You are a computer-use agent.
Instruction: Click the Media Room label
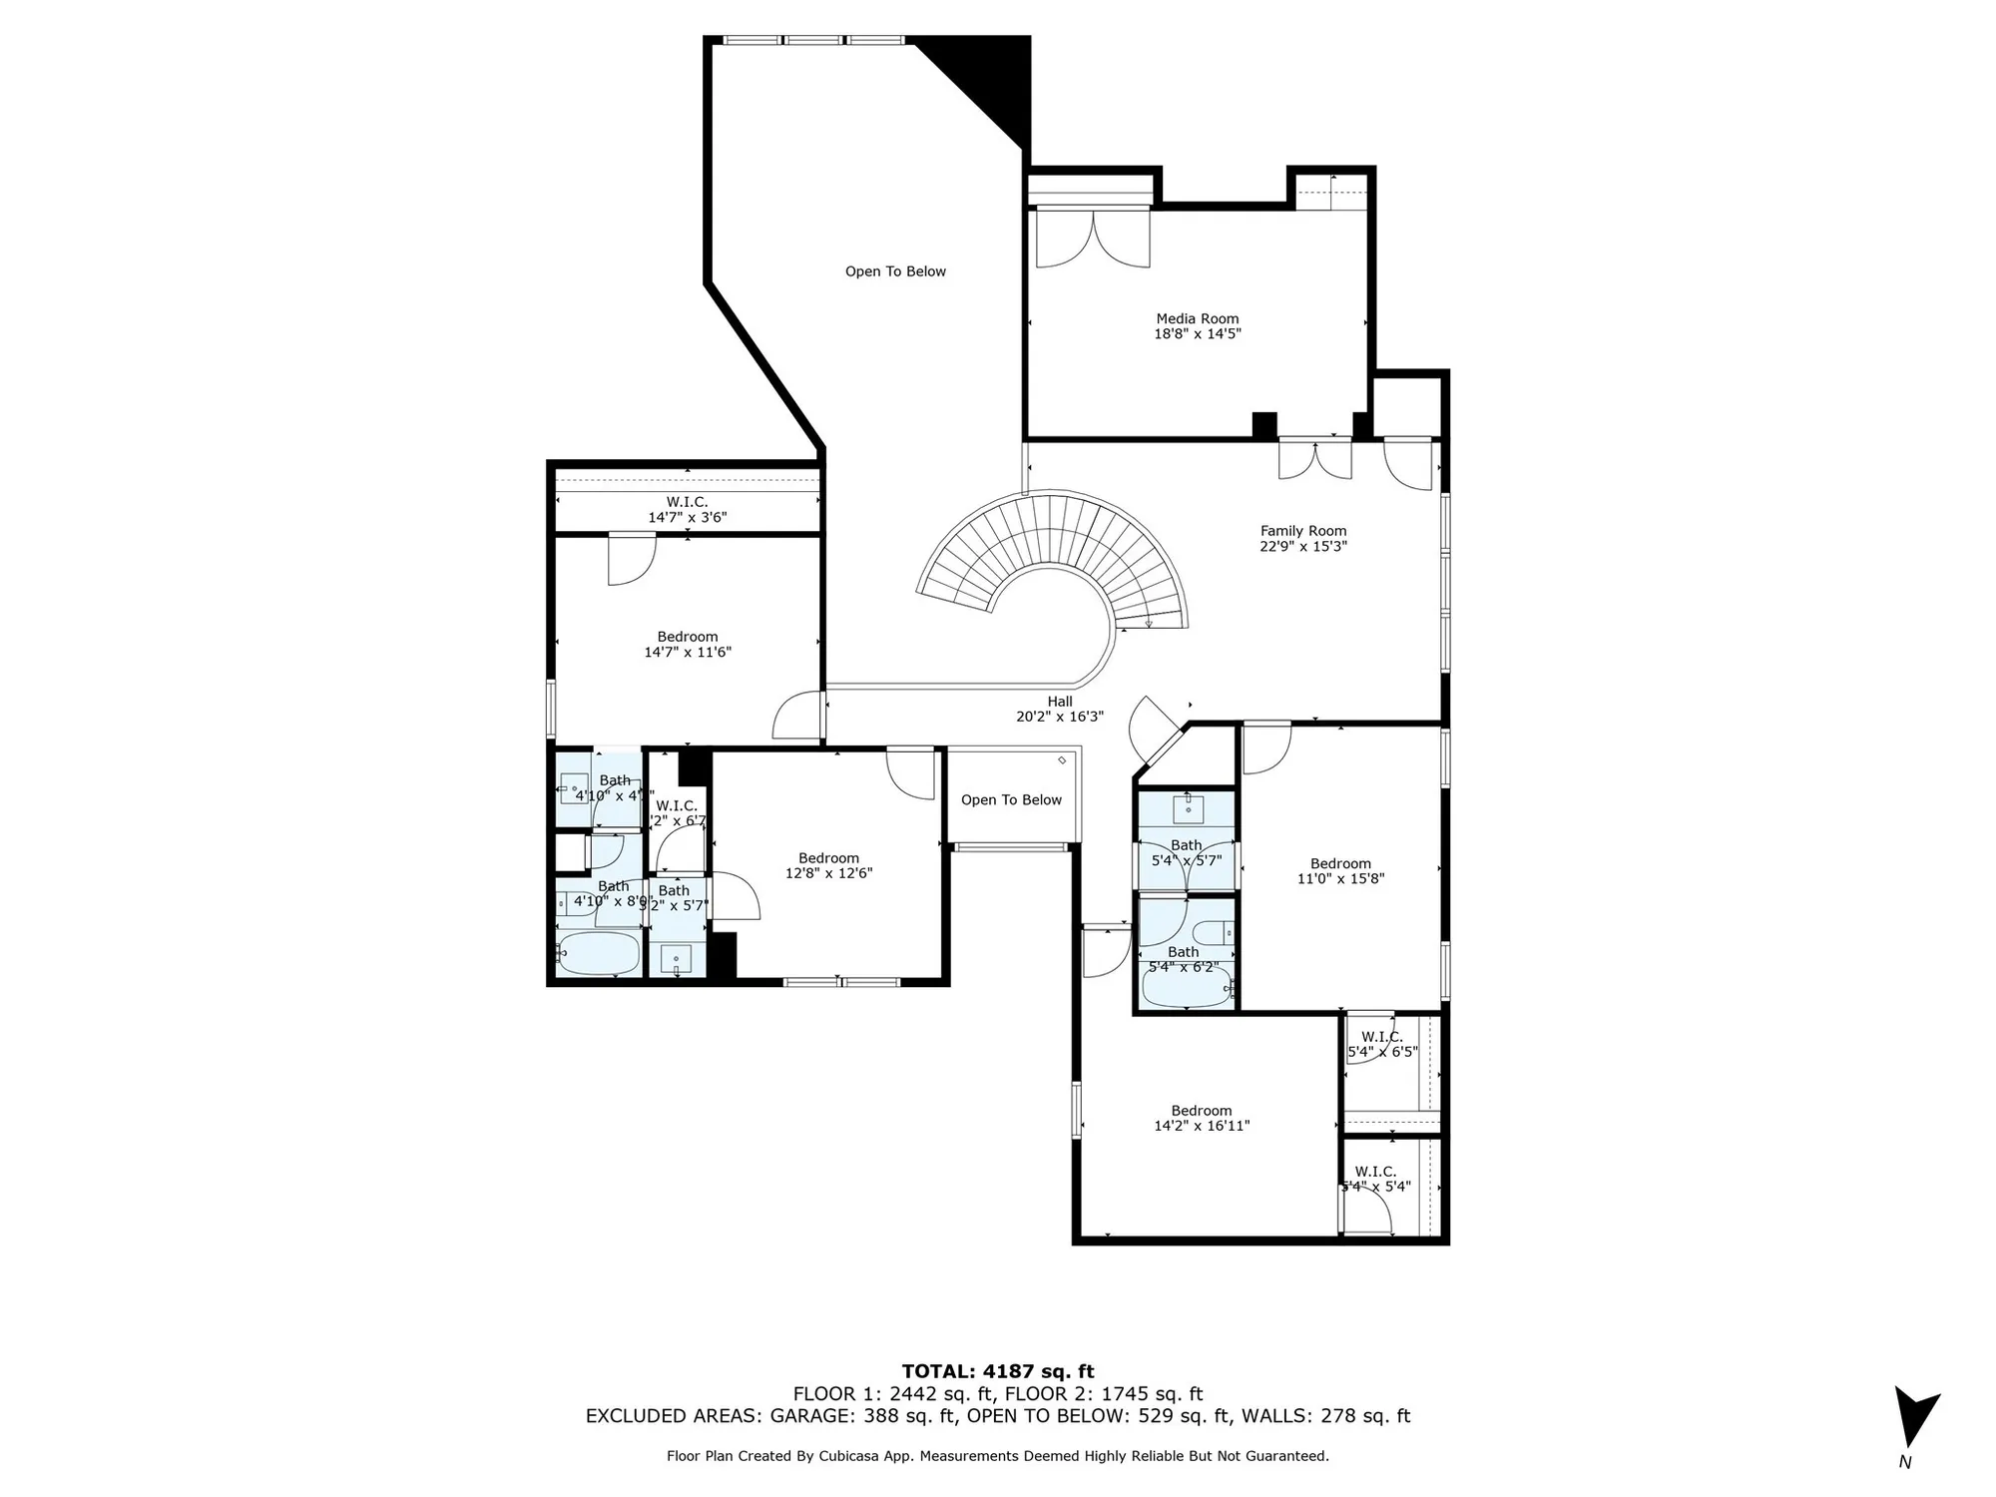[x=1197, y=319]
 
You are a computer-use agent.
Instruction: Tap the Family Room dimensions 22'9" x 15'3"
[x=1302, y=547]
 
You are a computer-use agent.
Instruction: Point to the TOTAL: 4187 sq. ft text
[x=997, y=1371]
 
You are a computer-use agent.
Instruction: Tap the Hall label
[x=1060, y=702]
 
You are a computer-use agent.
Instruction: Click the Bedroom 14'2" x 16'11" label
[x=1201, y=1111]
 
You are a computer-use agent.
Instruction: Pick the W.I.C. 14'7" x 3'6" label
[x=687, y=509]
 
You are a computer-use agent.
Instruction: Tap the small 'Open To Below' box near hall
[x=1011, y=799]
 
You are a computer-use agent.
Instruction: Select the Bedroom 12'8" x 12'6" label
[x=828, y=858]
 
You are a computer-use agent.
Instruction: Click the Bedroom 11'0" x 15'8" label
[x=1340, y=864]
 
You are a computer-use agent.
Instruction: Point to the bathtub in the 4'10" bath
[x=598, y=953]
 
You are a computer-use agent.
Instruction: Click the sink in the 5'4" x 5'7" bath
[x=1188, y=808]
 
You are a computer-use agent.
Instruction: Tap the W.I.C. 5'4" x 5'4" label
[x=1375, y=1172]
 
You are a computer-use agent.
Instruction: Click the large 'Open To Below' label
[x=895, y=271]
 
